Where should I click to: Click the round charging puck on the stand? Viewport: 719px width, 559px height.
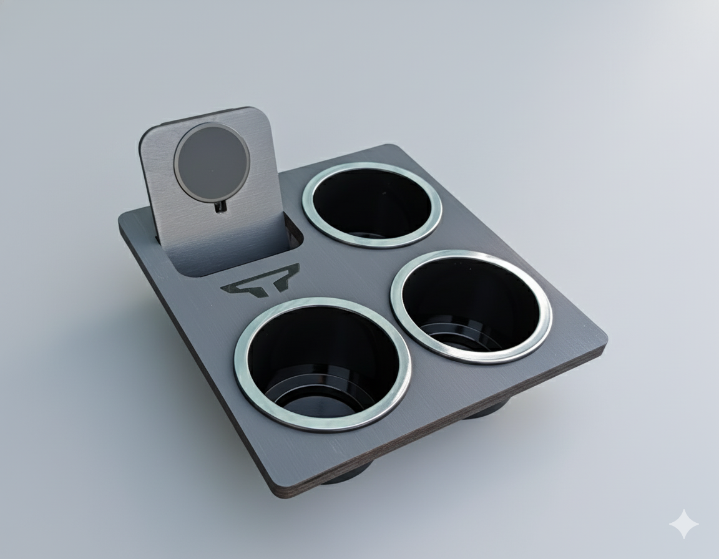tap(212, 161)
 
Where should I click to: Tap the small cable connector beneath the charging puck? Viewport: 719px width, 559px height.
tap(220, 207)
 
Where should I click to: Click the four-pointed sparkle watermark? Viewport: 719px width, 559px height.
tap(684, 524)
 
